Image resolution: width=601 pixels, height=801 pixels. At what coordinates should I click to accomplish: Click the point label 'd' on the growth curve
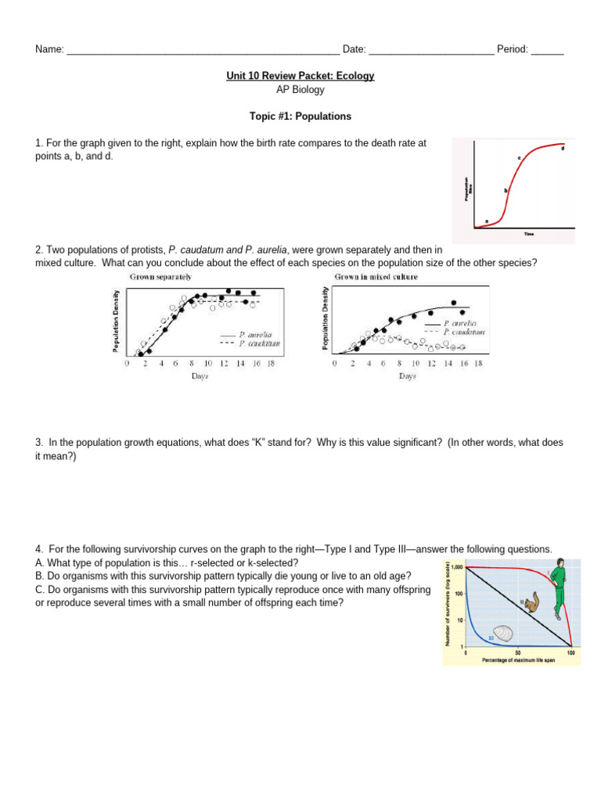click(563, 148)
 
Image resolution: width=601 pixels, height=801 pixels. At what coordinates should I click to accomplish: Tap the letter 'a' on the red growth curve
click(487, 221)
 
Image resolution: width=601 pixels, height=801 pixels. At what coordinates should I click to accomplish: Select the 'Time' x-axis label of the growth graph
click(529, 233)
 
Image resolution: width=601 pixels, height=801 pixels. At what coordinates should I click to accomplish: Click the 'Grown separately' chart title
click(160, 277)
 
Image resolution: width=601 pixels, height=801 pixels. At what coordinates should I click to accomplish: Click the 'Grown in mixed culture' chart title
click(376, 277)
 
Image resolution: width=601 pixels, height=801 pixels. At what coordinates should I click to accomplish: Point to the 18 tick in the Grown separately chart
click(270, 363)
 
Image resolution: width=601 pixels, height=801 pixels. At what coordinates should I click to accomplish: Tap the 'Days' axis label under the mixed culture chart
click(408, 376)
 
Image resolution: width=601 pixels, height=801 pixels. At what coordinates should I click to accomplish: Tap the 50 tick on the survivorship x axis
click(518, 652)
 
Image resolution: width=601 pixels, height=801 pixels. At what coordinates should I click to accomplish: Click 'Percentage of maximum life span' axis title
click(519, 661)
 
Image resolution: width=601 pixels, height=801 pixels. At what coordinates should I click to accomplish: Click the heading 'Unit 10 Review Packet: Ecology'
click(300, 76)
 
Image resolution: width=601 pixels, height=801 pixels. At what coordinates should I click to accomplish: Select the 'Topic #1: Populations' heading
click(300, 117)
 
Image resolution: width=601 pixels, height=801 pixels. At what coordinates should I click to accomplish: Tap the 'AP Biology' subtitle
click(300, 90)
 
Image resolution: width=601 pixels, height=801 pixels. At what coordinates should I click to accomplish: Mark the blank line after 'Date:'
click(431, 52)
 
